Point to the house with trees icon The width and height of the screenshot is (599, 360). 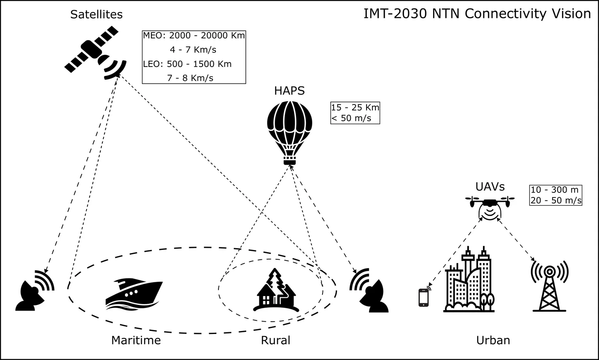[275, 290]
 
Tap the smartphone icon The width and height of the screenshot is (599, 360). [424, 297]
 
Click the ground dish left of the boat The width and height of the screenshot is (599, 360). [35, 290]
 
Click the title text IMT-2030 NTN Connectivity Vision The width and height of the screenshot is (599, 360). [477, 14]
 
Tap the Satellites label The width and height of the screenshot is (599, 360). [96, 15]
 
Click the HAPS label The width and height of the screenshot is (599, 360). [289, 91]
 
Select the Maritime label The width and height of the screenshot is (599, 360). [136, 340]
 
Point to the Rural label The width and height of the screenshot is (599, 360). [275, 340]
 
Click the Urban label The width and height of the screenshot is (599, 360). [493, 340]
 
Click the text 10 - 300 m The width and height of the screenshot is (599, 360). [555, 190]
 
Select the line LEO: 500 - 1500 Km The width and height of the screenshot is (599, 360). [188, 64]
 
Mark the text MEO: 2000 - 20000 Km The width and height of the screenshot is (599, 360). [194, 35]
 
